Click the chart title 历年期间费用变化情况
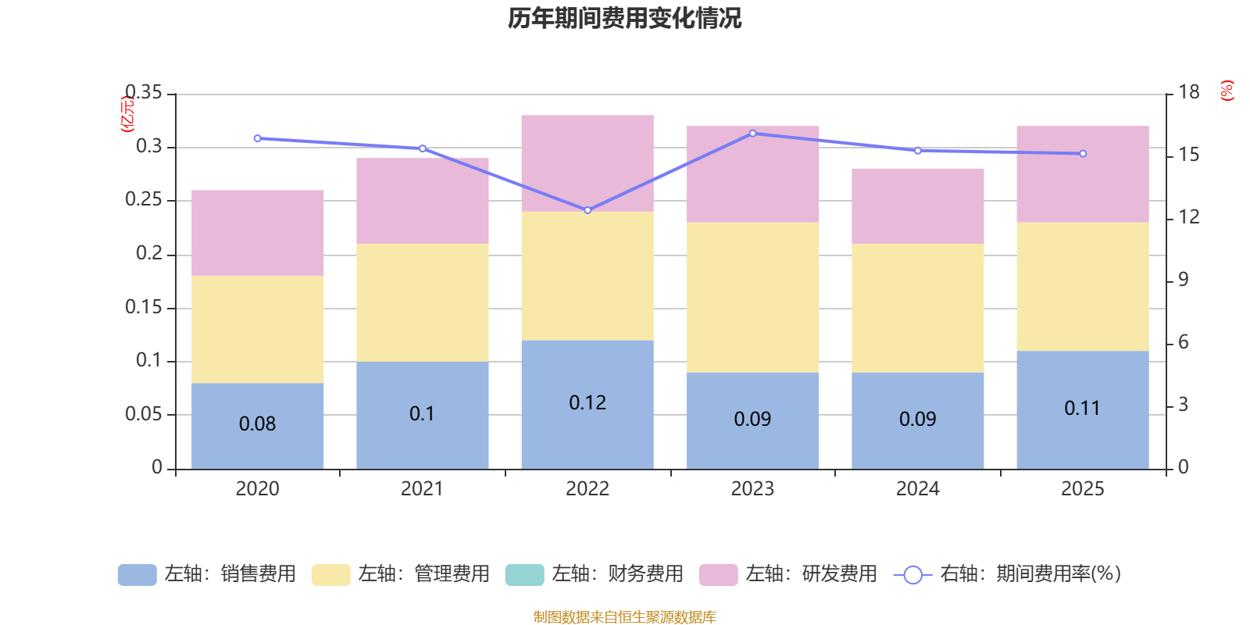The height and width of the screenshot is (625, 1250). [624, 18]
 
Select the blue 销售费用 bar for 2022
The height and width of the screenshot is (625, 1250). [587, 437]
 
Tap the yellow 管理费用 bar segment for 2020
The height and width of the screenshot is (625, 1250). [258, 329]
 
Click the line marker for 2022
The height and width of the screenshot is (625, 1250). [587, 210]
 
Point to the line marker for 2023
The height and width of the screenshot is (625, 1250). [752, 134]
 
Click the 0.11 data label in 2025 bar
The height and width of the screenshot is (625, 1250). [1082, 408]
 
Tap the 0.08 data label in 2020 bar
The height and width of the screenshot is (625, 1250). [257, 423]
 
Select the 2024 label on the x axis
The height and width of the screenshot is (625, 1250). [917, 489]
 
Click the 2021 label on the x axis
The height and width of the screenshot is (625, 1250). [422, 489]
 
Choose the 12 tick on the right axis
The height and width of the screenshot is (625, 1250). [1189, 217]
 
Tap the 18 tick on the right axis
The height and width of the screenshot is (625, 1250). [1189, 92]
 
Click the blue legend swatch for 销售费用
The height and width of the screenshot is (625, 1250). [137, 575]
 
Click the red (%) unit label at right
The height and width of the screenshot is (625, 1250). [1227, 91]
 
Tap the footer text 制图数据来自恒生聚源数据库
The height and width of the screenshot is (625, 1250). [624, 617]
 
